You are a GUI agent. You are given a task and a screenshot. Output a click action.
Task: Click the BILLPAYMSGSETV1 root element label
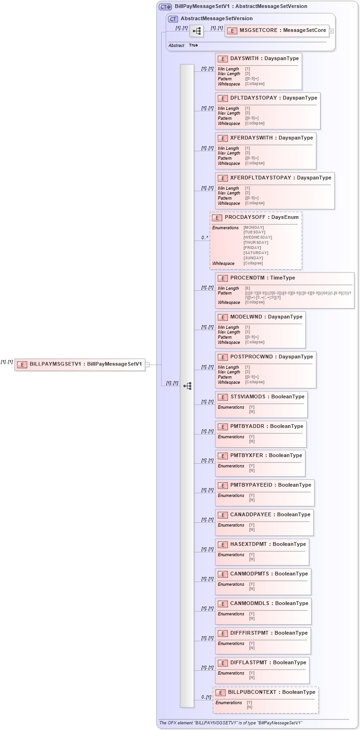pyautogui.click(x=86, y=364)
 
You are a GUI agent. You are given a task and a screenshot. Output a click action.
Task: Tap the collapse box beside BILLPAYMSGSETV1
pyautogui.click(x=147, y=365)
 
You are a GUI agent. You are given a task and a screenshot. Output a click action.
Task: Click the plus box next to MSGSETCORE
pyautogui.click(x=331, y=31)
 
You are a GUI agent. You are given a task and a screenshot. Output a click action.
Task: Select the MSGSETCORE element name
pyautogui.click(x=282, y=31)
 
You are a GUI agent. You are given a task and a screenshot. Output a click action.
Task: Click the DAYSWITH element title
pyautogui.click(x=264, y=59)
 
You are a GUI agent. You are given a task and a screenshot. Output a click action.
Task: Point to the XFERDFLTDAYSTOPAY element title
pyautogui.click(x=281, y=178)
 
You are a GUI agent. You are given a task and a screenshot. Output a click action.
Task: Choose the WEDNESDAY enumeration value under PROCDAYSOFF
pyautogui.click(x=258, y=237)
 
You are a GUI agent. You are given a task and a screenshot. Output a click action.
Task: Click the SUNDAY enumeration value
pyautogui.click(x=253, y=258)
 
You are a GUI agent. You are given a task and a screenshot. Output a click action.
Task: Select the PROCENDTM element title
pyautogui.click(x=262, y=278)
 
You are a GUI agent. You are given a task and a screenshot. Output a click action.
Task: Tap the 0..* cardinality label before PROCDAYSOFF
pyautogui.click(x=205, y=238)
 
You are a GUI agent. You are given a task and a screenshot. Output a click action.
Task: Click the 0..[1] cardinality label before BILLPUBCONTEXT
pyautogui.click(x=206, y=697)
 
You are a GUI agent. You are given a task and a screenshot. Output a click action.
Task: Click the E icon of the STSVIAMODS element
pyautogui.click(x=222, y=397)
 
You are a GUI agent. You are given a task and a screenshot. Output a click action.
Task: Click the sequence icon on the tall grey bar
pyautogui.click(x=187, y=386)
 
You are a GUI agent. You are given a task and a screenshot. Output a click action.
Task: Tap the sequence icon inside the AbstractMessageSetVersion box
pyautogui.click(x=196, y=31)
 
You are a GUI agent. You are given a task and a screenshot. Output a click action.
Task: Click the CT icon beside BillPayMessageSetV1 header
pyautogui.click(x=165, y=7)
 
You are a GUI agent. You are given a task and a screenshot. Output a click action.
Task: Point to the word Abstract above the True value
pyautogui.click(x=176, y=46)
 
